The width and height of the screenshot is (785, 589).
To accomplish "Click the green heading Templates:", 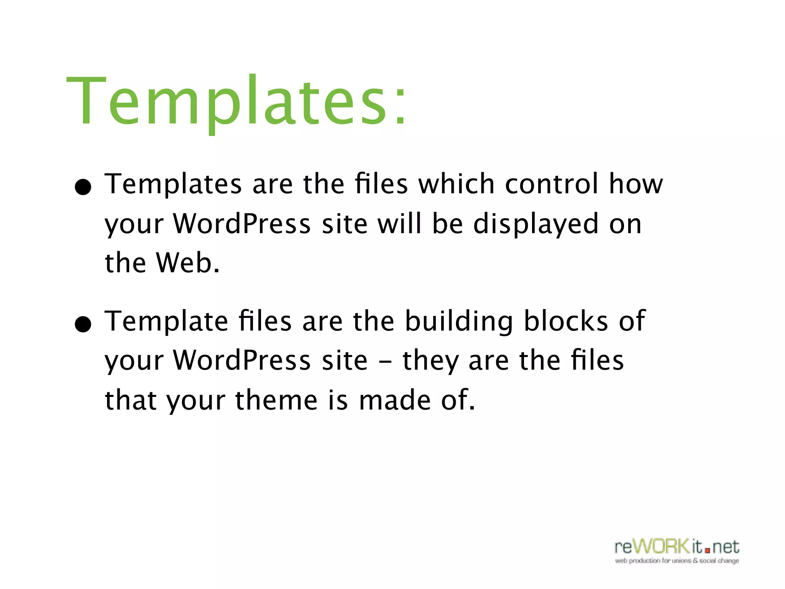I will pos(236,102).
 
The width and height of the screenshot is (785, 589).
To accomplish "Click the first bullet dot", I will pos(83,188).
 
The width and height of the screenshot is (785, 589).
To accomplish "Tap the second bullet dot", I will pos(83,324).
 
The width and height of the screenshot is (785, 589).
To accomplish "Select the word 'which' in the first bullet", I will pos(456,184).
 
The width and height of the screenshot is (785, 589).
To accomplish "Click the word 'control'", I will pos(552,184).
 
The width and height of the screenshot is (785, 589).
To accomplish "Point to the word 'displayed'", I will pos(536,224).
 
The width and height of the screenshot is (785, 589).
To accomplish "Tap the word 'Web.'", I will pos(188,263).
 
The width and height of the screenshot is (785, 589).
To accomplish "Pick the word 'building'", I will pos(459,321).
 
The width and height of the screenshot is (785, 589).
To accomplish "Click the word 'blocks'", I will pos(566,321).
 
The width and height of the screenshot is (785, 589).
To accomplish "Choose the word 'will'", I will pos(400,224).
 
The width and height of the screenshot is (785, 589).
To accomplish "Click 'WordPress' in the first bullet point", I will pos(242,224).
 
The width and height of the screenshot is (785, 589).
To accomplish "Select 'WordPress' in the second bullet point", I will pos(242,361).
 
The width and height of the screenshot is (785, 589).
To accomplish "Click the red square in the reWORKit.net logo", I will pos(707,551).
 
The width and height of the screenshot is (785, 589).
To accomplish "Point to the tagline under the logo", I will pos(677,561).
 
